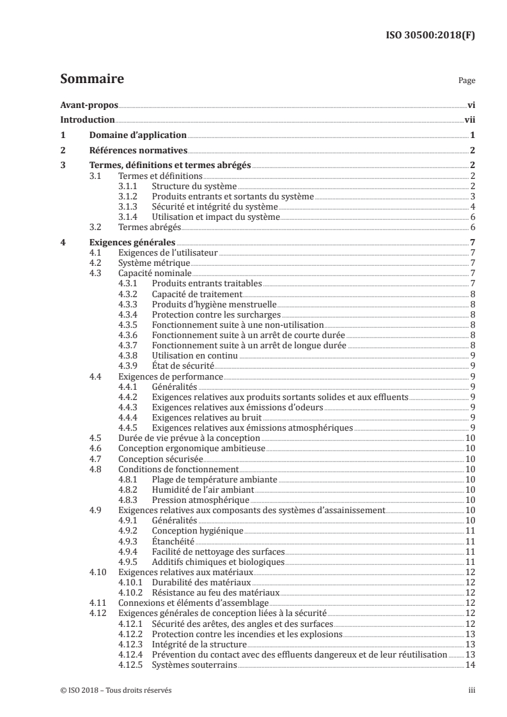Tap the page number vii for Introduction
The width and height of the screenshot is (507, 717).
469,120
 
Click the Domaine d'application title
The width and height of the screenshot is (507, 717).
137,135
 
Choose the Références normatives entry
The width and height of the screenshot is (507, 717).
137,151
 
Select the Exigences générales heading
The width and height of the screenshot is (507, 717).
132,243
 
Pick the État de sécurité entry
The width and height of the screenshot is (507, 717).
183,366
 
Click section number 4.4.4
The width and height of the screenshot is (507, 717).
129,417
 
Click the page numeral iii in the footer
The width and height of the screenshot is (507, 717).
471,691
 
